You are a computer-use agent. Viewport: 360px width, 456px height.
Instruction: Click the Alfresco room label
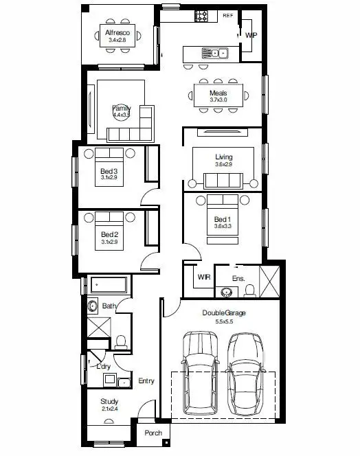tap(118, 32)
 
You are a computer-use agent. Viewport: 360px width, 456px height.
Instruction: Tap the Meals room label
tap(218, 93)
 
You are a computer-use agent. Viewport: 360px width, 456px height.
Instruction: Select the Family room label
tap(122, 109)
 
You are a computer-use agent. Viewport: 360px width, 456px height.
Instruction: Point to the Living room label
tap(224, 157)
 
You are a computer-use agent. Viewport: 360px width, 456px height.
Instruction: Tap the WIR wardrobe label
tap(203, 277)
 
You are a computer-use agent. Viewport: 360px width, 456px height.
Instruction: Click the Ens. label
tap(238, 278)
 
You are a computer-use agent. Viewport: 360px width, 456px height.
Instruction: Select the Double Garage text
tap(224, 312)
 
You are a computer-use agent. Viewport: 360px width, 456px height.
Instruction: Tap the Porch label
tap(153, 433)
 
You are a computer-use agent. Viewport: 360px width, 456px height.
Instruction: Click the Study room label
tap(109, 402)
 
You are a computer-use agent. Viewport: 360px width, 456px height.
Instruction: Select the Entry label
tap(146, 381)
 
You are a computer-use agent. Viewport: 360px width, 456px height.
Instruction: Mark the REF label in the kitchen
tap(228, 14)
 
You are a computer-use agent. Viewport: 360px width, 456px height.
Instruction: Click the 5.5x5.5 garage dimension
tap(224, 321)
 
